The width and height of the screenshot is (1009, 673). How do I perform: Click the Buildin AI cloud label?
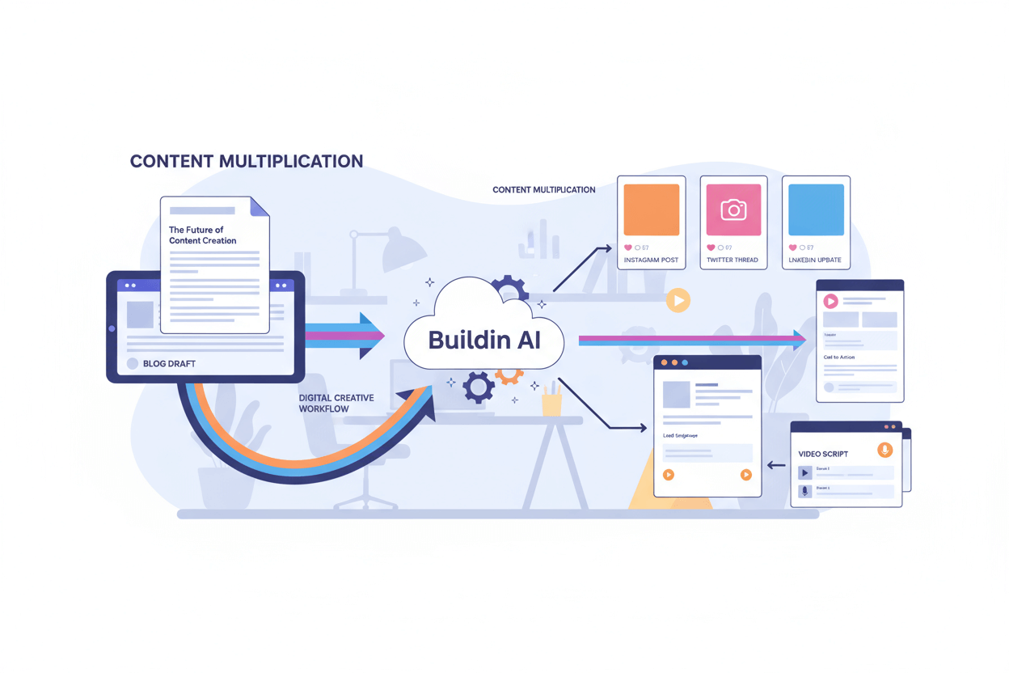coord(483,340)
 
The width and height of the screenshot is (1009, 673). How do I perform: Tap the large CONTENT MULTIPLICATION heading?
coord(247,161)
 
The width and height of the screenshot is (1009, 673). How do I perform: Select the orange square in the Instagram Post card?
coord(651,210)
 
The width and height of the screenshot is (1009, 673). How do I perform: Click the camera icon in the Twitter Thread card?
coord(733,210)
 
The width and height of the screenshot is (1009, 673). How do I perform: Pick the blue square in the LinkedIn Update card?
coord(816,210)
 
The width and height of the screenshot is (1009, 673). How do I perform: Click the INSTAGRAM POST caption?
coord(651,260)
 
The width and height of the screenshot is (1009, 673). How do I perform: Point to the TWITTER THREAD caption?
coord(733,260)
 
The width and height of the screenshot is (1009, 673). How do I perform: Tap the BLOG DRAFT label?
coord(169,364)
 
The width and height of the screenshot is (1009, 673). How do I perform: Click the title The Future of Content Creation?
coord(203,235)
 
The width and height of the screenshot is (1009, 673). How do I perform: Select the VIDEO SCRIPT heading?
coord(823,454)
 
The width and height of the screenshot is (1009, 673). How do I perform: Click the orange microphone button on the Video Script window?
coord(885,450)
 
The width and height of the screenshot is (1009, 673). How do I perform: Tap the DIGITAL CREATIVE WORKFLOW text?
coord(336,404)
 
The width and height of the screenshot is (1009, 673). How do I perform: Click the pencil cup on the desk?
coord(552,401)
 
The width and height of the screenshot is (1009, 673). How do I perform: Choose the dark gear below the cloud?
coord(479,387)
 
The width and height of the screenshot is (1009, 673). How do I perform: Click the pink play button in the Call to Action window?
coord(830,301)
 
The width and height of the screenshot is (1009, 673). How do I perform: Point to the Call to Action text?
coord(838,357)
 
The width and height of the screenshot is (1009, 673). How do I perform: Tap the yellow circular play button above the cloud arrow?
coord(678,301)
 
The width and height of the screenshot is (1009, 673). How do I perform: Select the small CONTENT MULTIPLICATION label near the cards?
coord(543,190)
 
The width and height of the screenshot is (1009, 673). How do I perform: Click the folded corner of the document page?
coord(260,207)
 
